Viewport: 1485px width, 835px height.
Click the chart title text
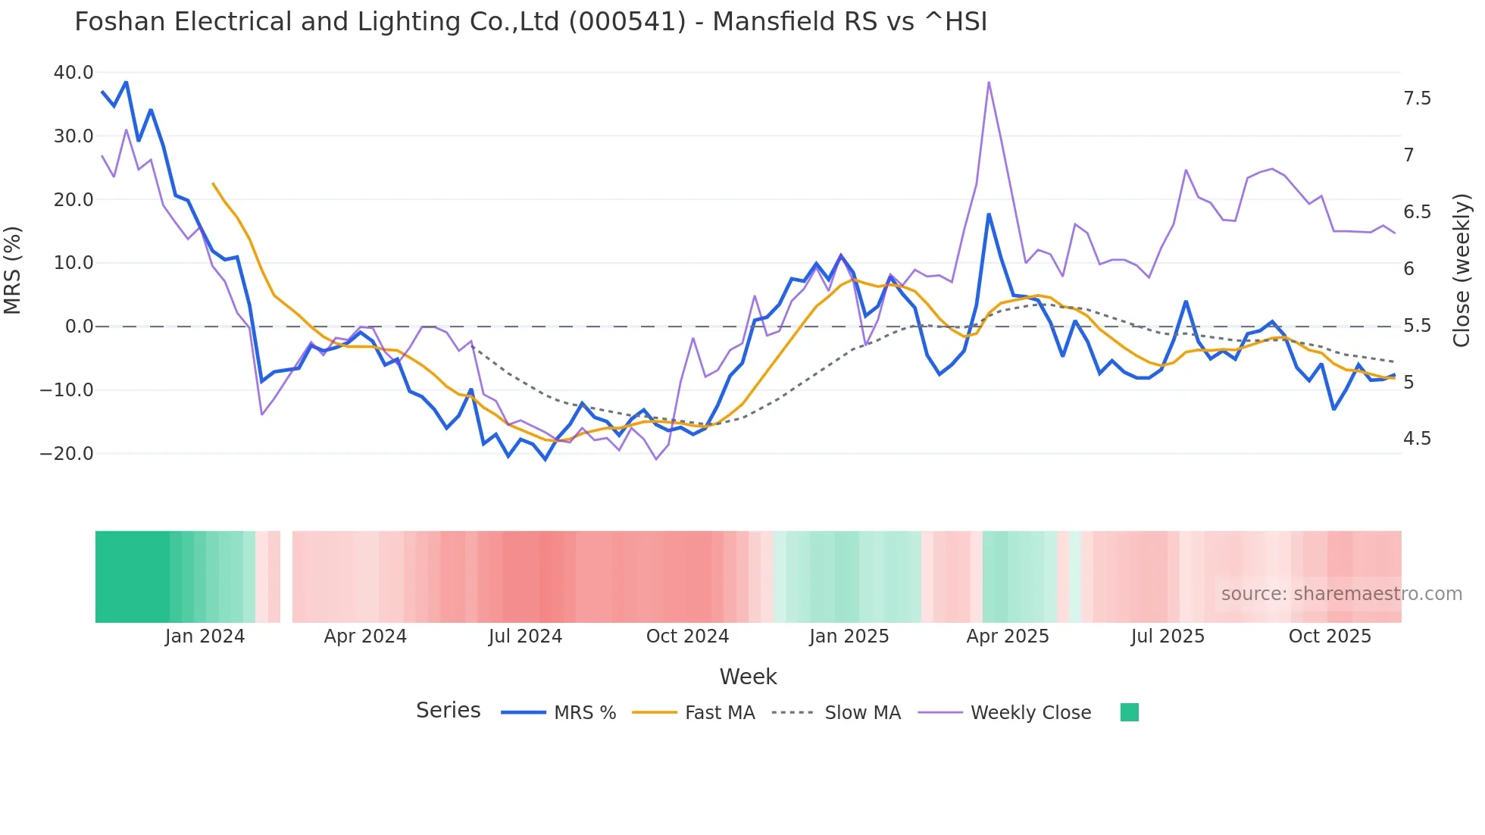(x=530, y=22)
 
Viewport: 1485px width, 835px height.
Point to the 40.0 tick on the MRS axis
(x=73, y=73)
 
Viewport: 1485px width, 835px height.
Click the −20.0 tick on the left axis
(x=67, y=454)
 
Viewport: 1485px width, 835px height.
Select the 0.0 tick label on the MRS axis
(x=79, y=327)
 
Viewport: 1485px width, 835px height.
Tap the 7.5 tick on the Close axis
(x=1417, y=99)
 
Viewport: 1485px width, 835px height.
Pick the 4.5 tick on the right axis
(x=1417, y=439)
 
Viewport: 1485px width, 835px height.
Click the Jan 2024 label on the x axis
(x=205, y=636)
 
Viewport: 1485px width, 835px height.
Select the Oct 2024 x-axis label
(x=687, y=636)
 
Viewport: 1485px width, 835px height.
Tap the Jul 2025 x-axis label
(x=1168, y=636)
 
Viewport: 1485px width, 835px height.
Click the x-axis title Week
(x=748, y=677)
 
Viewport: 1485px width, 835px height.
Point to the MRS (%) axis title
(x=13, y=271)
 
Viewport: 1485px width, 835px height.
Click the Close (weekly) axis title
(x=1462, y=271)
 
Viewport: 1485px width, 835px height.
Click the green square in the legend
(x=1129, y=712)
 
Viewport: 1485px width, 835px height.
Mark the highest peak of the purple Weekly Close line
(x=989, y=83)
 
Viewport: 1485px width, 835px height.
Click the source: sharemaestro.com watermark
(x=1341, y=594)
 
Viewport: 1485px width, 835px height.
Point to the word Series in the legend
(x=448, y=711)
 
